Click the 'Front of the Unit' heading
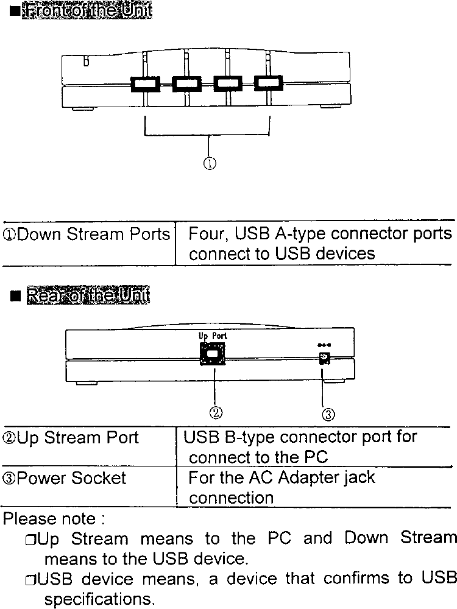(x=85, y=12)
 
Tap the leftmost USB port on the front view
(x=144, y=83)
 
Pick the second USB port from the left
(x=186, y=83)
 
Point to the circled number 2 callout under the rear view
(x=215, y=412)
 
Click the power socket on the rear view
(x=325, y=359)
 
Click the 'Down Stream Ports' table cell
(x=88, y=234)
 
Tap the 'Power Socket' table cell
(x=65, y=479)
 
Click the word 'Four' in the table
(x=206, y=234)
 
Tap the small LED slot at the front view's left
(x=86, y=61)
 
